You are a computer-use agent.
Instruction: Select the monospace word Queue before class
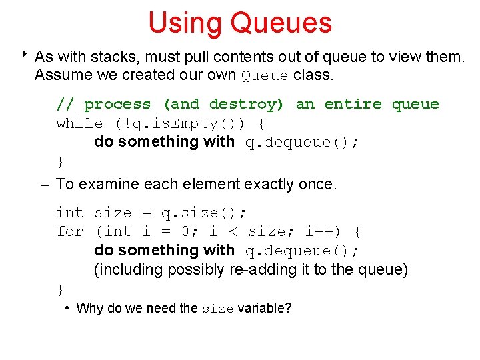[x=265, y=75]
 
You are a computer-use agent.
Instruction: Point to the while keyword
[x=80, y=123]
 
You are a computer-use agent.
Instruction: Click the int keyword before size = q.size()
[x=70, y=213]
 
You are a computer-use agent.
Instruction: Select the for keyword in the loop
[x=70, y=231]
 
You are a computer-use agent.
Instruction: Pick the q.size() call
[x=203, y=213]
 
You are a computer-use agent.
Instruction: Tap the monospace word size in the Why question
[x=218, y=309]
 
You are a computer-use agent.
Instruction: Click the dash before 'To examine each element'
[x=45, y=183]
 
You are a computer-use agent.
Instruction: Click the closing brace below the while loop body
[x=60, y=161]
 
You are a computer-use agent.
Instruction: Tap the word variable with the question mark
[x=265, y=308]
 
